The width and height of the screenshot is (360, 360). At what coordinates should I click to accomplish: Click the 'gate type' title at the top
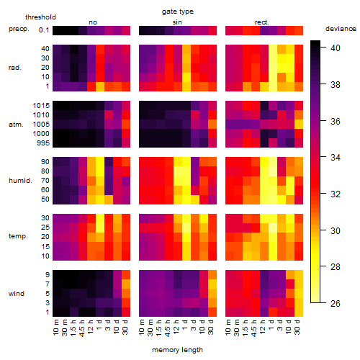(178, 12)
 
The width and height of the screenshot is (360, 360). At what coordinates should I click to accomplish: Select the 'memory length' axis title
(177, 350)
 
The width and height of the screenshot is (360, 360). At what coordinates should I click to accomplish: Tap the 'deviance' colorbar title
(341, 29)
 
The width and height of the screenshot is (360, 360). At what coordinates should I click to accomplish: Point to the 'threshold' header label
(40, 17)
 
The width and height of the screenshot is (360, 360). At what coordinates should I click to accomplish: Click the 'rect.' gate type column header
(262, 22)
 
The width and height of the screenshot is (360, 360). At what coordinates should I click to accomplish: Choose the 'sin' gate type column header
(177, 22)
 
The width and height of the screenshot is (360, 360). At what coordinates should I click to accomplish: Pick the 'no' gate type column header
(93, 22)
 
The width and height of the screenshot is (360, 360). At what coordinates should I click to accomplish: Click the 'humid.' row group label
(20, 180)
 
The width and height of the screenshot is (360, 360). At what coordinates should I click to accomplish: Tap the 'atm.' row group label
(16, 125)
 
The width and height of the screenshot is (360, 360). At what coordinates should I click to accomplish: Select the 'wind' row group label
(17, 294)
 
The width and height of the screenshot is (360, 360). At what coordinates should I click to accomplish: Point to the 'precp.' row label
(19, 29)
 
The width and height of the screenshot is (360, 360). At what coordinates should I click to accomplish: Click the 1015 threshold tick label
(41, 105)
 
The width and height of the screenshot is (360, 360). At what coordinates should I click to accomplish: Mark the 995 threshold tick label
(43, 143)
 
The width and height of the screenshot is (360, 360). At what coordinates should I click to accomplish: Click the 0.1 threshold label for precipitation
(44, 30)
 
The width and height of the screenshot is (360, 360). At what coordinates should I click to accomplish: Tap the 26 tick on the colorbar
(336, 303)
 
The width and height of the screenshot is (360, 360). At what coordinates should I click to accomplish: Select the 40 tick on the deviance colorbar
(336, 48)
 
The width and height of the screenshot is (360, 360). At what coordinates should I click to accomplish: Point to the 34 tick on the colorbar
(336, 158)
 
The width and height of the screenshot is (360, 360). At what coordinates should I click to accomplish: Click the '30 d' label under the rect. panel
(297, 327)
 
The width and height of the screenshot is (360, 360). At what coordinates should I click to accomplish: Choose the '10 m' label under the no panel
(55, 327)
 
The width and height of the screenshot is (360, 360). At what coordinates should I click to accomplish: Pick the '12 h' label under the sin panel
(176, 327)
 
